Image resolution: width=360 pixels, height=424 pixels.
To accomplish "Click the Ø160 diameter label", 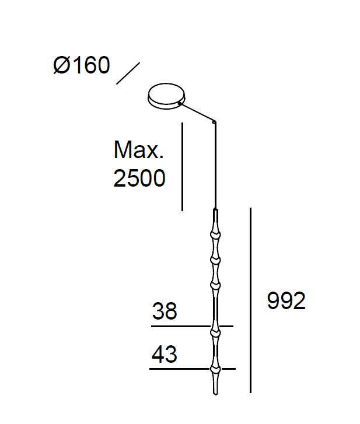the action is pos(82,65).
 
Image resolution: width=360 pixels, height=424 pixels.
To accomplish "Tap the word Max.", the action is pos(139,149).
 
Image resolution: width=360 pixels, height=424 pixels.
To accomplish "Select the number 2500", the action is pos(139,178).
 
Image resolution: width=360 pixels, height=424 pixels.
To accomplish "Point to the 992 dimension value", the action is pos(286,300).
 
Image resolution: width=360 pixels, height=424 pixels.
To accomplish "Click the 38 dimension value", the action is pos(165,311).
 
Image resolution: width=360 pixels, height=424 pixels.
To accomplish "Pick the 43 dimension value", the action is pos(164,354).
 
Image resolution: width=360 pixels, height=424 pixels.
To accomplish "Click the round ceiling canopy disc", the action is pos(167,96).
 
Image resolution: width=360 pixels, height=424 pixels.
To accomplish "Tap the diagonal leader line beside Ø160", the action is pos(128,73).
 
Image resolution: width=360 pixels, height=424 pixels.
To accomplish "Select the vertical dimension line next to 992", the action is pos(250,300).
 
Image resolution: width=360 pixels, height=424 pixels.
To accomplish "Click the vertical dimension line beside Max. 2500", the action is pos(182,167).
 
